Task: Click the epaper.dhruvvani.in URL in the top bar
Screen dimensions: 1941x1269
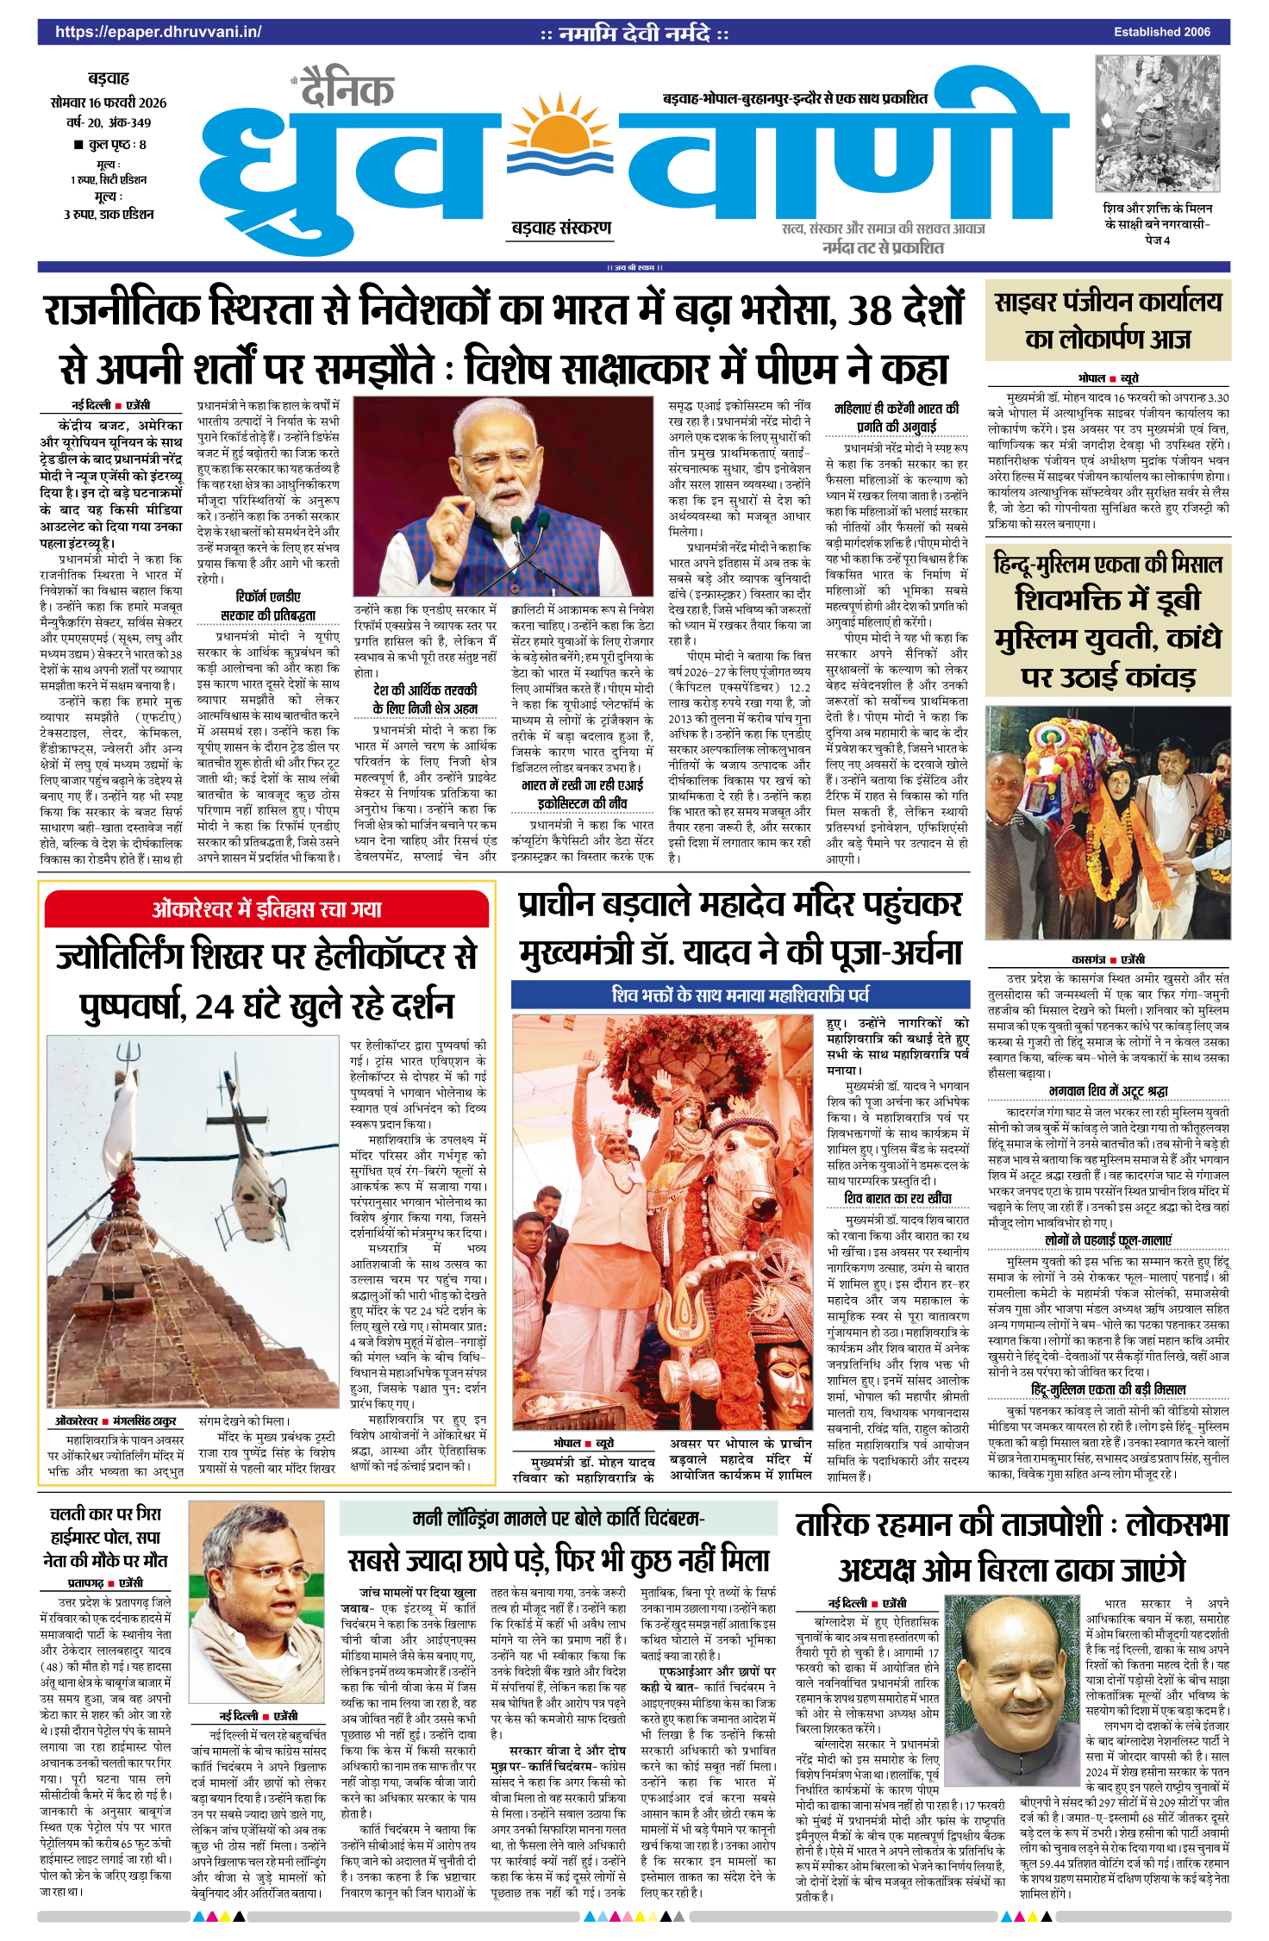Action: click(x=158, y=32)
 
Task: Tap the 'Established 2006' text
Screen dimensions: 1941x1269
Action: click(x=1161, y=32)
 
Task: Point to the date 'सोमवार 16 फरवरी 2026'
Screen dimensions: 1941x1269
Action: click(x=109, y=103)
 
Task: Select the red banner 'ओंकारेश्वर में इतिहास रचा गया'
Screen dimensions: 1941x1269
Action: click(x=266, y=909)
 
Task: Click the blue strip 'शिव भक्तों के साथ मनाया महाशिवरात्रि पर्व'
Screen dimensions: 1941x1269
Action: click(x=740, y=995)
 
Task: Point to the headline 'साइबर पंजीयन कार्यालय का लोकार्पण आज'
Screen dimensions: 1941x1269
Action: click(x=1108, y=321)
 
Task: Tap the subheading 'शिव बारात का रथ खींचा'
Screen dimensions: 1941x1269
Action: click(x=897, y=1198)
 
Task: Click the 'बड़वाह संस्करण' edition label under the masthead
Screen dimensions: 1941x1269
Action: click(x=561, y=228)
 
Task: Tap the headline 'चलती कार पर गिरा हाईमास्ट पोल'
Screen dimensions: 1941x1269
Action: click(x=105, y=1537)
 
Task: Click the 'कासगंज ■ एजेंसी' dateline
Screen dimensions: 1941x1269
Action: click(x=1108, y=959)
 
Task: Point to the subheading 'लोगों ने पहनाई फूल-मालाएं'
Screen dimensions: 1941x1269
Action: click(x=1108, y=1240)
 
